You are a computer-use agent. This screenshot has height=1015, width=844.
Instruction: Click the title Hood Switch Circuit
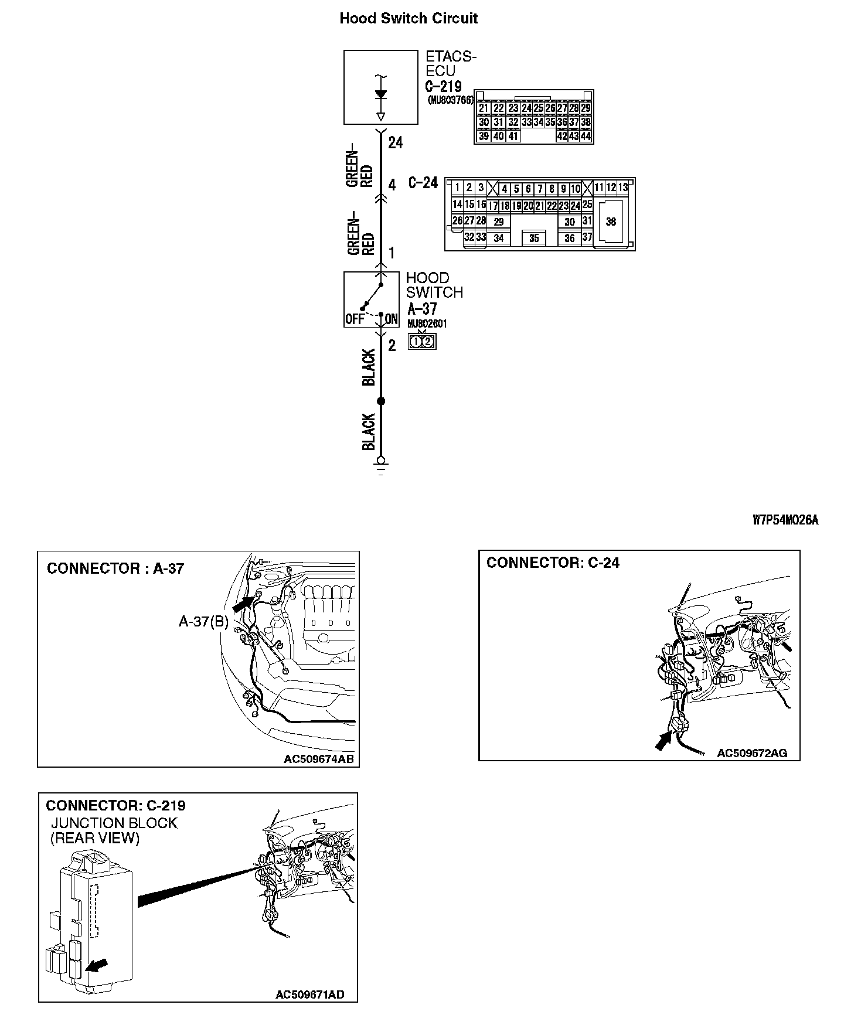point(409,18)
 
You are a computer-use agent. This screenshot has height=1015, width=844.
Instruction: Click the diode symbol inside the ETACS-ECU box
point(381,94)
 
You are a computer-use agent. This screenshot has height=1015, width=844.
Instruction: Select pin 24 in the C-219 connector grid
point(526,108)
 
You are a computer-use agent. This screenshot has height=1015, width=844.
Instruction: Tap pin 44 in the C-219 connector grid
point(586,137)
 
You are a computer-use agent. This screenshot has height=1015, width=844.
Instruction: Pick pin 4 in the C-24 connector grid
point(504,189)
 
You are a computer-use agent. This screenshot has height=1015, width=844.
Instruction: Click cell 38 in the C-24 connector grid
point(611,222)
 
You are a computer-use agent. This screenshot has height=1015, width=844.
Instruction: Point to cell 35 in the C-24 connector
point(534,238)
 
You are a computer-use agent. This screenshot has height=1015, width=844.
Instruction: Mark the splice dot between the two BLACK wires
point(381,401)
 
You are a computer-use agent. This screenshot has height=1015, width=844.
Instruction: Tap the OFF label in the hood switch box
point(355,319)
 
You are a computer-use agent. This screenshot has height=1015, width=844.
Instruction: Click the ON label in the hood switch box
point(392,319)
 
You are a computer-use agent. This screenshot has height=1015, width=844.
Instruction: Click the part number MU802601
point(428,323)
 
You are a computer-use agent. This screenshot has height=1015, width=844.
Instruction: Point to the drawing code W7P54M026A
point(785,520)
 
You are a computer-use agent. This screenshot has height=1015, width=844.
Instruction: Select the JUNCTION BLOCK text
point(114,823)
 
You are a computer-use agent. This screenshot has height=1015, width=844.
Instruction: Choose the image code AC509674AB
point(318,759)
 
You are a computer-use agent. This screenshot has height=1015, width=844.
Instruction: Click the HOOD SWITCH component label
point(434,285)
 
